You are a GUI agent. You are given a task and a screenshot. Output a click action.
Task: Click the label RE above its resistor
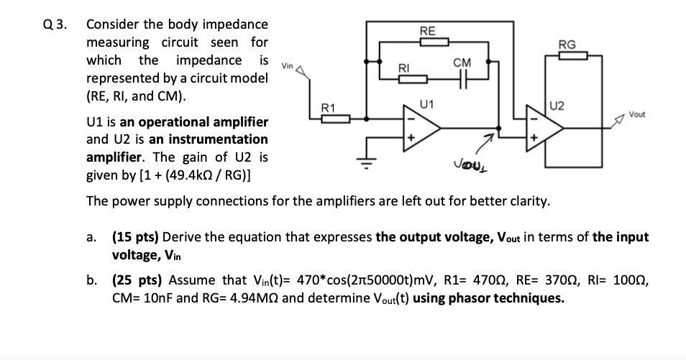pos(426,31)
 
